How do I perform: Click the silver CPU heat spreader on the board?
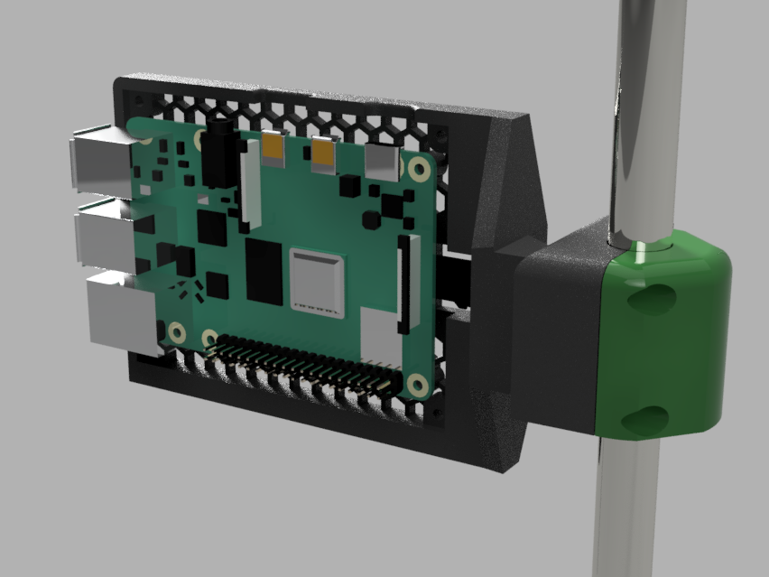[317, 282]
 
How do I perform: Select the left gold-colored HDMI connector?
[274, 150]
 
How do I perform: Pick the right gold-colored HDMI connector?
[322, 154]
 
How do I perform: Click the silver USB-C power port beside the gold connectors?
[383, 162]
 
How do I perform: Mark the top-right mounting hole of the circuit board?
[419, 169]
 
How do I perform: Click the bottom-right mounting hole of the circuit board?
[417, 386]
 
